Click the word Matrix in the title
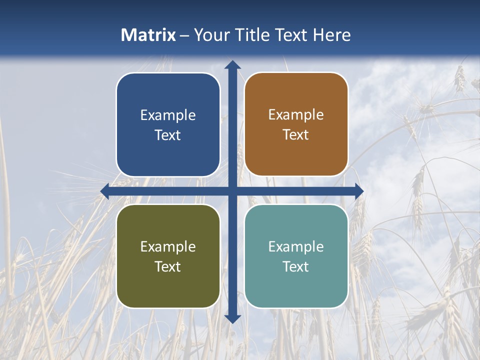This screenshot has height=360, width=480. (x=148, y=35)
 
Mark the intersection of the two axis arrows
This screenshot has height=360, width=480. (x=232, y=191)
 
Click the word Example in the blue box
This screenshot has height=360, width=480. (x=168, y=115)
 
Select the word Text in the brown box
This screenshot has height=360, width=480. (x=296, y=135)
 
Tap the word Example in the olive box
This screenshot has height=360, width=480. (x=168, y=247)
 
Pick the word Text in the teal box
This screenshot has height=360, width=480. (x=296, y=266)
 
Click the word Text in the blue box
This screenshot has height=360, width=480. (x=168, y=135)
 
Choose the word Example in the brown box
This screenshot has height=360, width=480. (x=296, y=115)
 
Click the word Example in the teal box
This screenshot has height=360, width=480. (x=296, y=247)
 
